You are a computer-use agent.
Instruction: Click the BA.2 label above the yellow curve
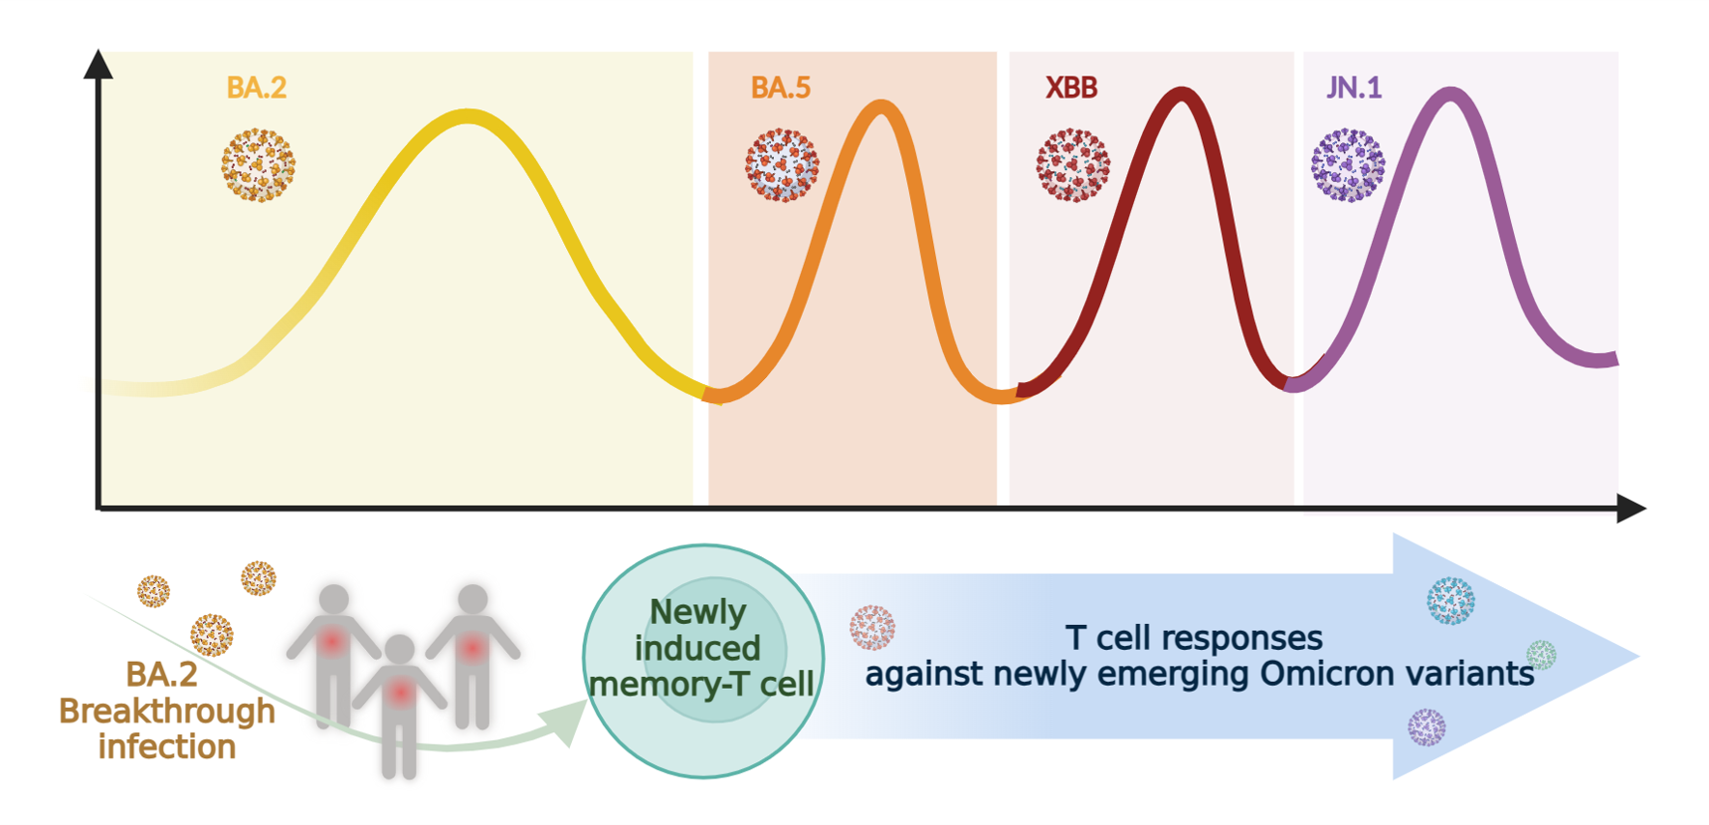click(x=256, y=88)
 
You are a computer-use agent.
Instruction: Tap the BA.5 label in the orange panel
click(x=780, y=88)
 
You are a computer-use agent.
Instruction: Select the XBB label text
click(x=1071, y=88)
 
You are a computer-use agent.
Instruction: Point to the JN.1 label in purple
click(x=1354, y=88)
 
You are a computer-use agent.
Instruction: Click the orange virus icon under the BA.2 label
click(x=258, y=165)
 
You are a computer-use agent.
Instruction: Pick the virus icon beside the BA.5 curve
click(x=782, y=165)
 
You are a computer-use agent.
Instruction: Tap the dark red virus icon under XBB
click(x=1072, y=165)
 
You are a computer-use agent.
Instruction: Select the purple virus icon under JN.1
click(x=1348, y=165)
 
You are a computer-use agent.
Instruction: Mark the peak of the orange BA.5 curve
click(x=881, y=107)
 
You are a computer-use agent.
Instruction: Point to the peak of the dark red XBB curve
click(x=1182, y=95)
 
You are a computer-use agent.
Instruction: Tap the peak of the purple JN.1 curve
click(x=1451, y=95)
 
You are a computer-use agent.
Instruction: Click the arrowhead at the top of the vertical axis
click(x=97, y=65)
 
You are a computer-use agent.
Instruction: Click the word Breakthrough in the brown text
click(x=167, y=711)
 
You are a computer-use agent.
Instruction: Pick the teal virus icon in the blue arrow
click(x=1450, y=600)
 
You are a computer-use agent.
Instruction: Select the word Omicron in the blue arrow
click(x=1327, y=674)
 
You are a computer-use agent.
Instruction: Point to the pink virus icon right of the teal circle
click(x=872, y=627)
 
